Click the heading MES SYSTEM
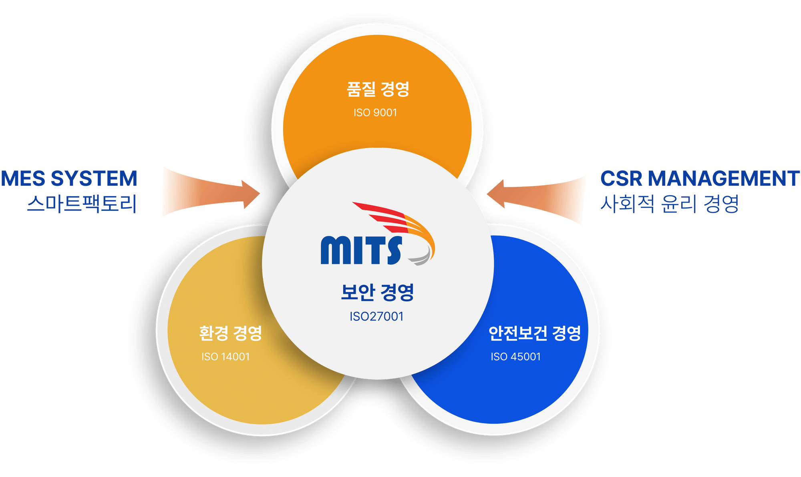click(x=69, y=178)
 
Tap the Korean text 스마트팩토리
click(x=82, y=204)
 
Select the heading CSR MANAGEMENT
click(x=700, y=178)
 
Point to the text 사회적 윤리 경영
click(x=669, y=204)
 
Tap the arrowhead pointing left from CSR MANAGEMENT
click(x=496, y=194)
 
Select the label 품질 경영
click(x=378, y=89)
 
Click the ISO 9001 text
click(x=375, y=113)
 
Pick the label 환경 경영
click(x=230, y=333)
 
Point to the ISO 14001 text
click(x=225, y=357)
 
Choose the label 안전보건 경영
click(x=535, y=333)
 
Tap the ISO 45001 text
click(x=516, y=357)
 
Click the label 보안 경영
click(x=377, y=292)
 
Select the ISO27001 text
click(x=376, y=317)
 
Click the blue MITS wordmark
click(x=361, y=250)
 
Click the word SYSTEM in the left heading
click(x=94, y=178)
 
